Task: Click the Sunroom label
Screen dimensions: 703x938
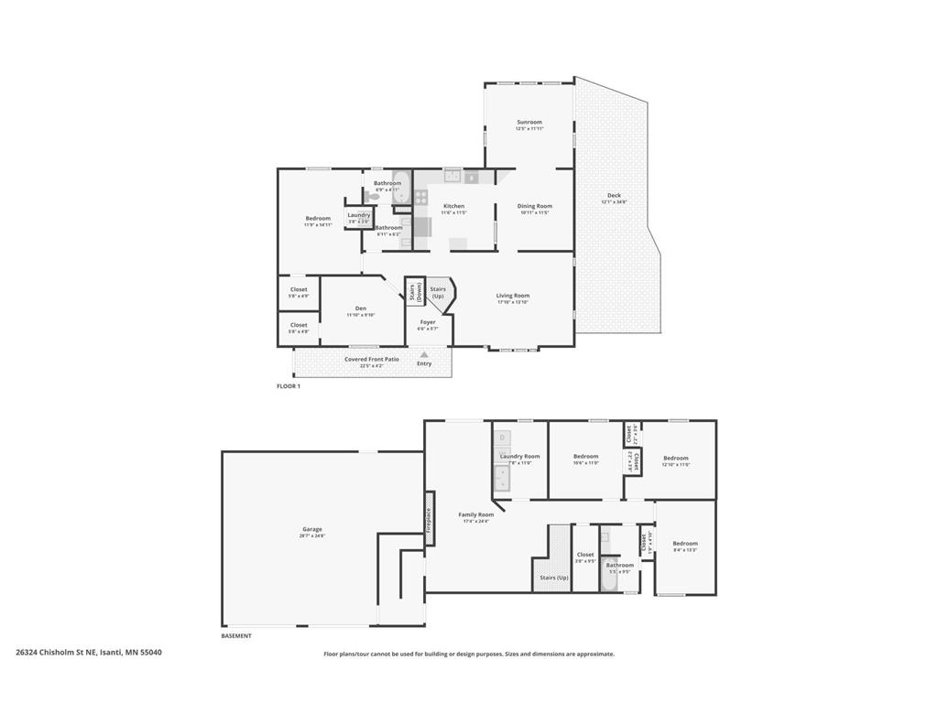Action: [x=529, y=122]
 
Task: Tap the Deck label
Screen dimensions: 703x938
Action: [x=614, y=196]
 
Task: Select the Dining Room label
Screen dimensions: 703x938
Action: [x=536, y=207]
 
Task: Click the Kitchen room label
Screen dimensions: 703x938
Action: [x=453, y=207]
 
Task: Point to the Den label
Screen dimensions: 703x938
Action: [x=361, y=308]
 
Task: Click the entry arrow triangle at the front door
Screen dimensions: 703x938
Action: [x=424, y=354]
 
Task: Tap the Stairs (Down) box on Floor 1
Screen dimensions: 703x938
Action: [x=414, y=291]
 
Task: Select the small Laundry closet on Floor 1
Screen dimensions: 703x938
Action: [x=358, y=217]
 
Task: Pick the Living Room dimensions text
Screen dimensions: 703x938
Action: [x=513, y=302]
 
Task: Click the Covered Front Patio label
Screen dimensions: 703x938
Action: [x=371, y=359]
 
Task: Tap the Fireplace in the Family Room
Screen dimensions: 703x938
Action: [x=428, y=520]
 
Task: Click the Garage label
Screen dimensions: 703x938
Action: [x=312, y=529]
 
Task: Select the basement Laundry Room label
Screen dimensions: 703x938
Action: [x=519, y=456]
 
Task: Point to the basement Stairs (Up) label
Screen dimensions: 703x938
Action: [x=553, y=578]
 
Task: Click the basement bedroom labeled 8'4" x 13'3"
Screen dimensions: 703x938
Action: [x=685, y=546]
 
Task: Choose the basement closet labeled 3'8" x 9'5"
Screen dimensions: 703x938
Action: [x=585, y=557]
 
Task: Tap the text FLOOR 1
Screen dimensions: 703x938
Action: [x=289, y=386]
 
